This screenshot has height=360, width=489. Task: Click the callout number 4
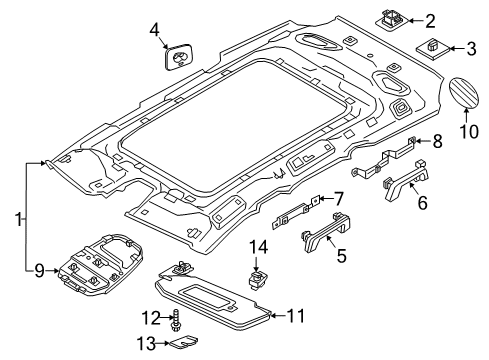tap(154, 30)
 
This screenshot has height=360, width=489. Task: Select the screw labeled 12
tap(175, 319)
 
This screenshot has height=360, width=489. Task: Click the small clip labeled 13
tap(184, 341)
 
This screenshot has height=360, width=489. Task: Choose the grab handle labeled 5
tap(327, 232)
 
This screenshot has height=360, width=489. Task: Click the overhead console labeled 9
tap(100, 265)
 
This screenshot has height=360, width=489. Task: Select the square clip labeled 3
tap(433, 49)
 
